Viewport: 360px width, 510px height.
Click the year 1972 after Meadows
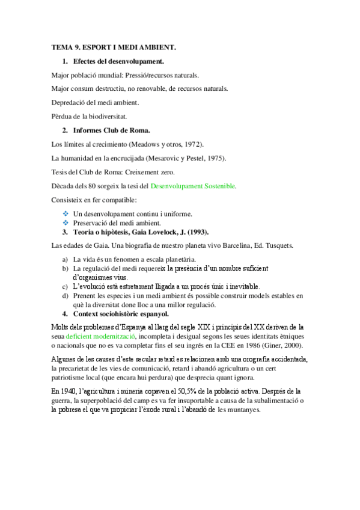[192, 144]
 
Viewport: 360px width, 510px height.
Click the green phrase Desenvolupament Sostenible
[193, 186]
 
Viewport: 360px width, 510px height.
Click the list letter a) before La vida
[65, 259]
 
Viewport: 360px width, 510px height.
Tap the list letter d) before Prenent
[65, 296]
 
